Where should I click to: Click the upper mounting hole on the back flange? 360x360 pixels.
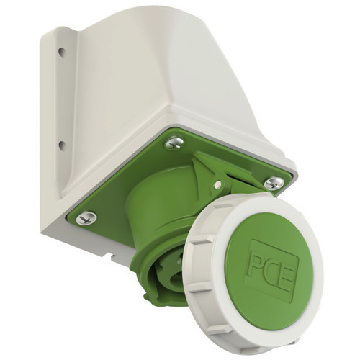pyautogui.click(x=62, y=51)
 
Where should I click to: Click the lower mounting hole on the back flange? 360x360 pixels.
pyautogui.click(x=62, y=145)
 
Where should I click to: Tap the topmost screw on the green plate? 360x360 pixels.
pyautogui.click(x=175, y=143)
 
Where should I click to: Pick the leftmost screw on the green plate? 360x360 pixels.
pyautogui.click(x=86, y=217)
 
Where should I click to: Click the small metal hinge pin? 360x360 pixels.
pyautogui.click(x=217, y=184)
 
